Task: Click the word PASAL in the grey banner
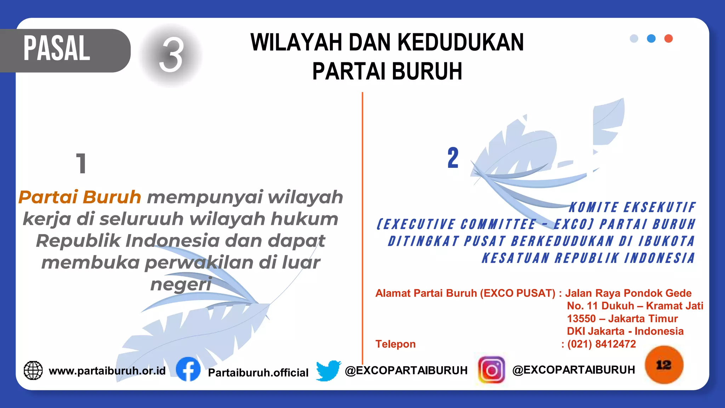57,49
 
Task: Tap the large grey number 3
171,55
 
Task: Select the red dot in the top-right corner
668,39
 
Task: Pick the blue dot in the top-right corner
651,39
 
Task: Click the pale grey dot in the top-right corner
634,39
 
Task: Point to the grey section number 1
81,163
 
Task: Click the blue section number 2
453,158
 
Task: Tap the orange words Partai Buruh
80,197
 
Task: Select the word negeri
181,284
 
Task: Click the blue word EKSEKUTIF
659,208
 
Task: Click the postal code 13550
581,318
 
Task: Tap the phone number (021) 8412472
601,344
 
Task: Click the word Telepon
395,344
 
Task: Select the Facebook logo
188,369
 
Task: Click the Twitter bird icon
328,370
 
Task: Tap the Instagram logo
491,370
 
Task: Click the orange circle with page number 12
664,365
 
